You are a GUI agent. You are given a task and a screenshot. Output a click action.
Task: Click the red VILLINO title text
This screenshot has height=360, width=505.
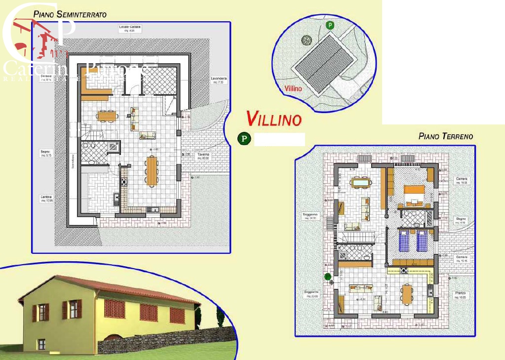pyautogui.click(x=274, y=119)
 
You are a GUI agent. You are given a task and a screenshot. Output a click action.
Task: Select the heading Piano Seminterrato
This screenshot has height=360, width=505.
pyautogui.click(x=70, y=14)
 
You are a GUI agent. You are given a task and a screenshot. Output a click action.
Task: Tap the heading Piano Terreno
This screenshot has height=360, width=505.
pyautogui.click(x=445, y=136)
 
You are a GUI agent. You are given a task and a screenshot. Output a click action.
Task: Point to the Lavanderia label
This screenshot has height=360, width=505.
pyautogui.click(x=218, y=80)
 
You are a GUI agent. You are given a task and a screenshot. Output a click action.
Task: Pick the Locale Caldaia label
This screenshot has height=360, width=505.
pyautogui.click(x=130, y=28)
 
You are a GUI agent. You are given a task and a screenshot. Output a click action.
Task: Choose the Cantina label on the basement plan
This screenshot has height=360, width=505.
pyautogui.click(x=46, y=199)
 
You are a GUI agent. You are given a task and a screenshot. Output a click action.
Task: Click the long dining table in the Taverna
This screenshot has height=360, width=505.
pyautogui.click(x=152, y=170)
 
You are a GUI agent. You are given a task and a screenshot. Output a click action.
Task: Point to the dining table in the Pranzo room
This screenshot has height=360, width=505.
pyautogui.click(x=407, y=294)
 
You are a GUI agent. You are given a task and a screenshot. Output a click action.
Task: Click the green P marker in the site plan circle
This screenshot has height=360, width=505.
pyautogui.click(x=330, y=25)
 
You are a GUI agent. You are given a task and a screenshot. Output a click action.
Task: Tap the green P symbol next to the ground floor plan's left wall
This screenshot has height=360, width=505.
pyautogui.click(x=327, y=277)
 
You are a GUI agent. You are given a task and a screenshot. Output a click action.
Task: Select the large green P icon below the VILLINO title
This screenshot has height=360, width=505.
pyautogui.click(x=243, y=139)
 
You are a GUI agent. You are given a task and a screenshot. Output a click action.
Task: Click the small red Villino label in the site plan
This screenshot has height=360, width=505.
pyautogui.click(x=293, y=89)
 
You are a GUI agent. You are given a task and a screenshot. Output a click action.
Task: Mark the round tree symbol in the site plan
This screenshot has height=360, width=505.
pyautogui.click(x=307, y=40)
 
